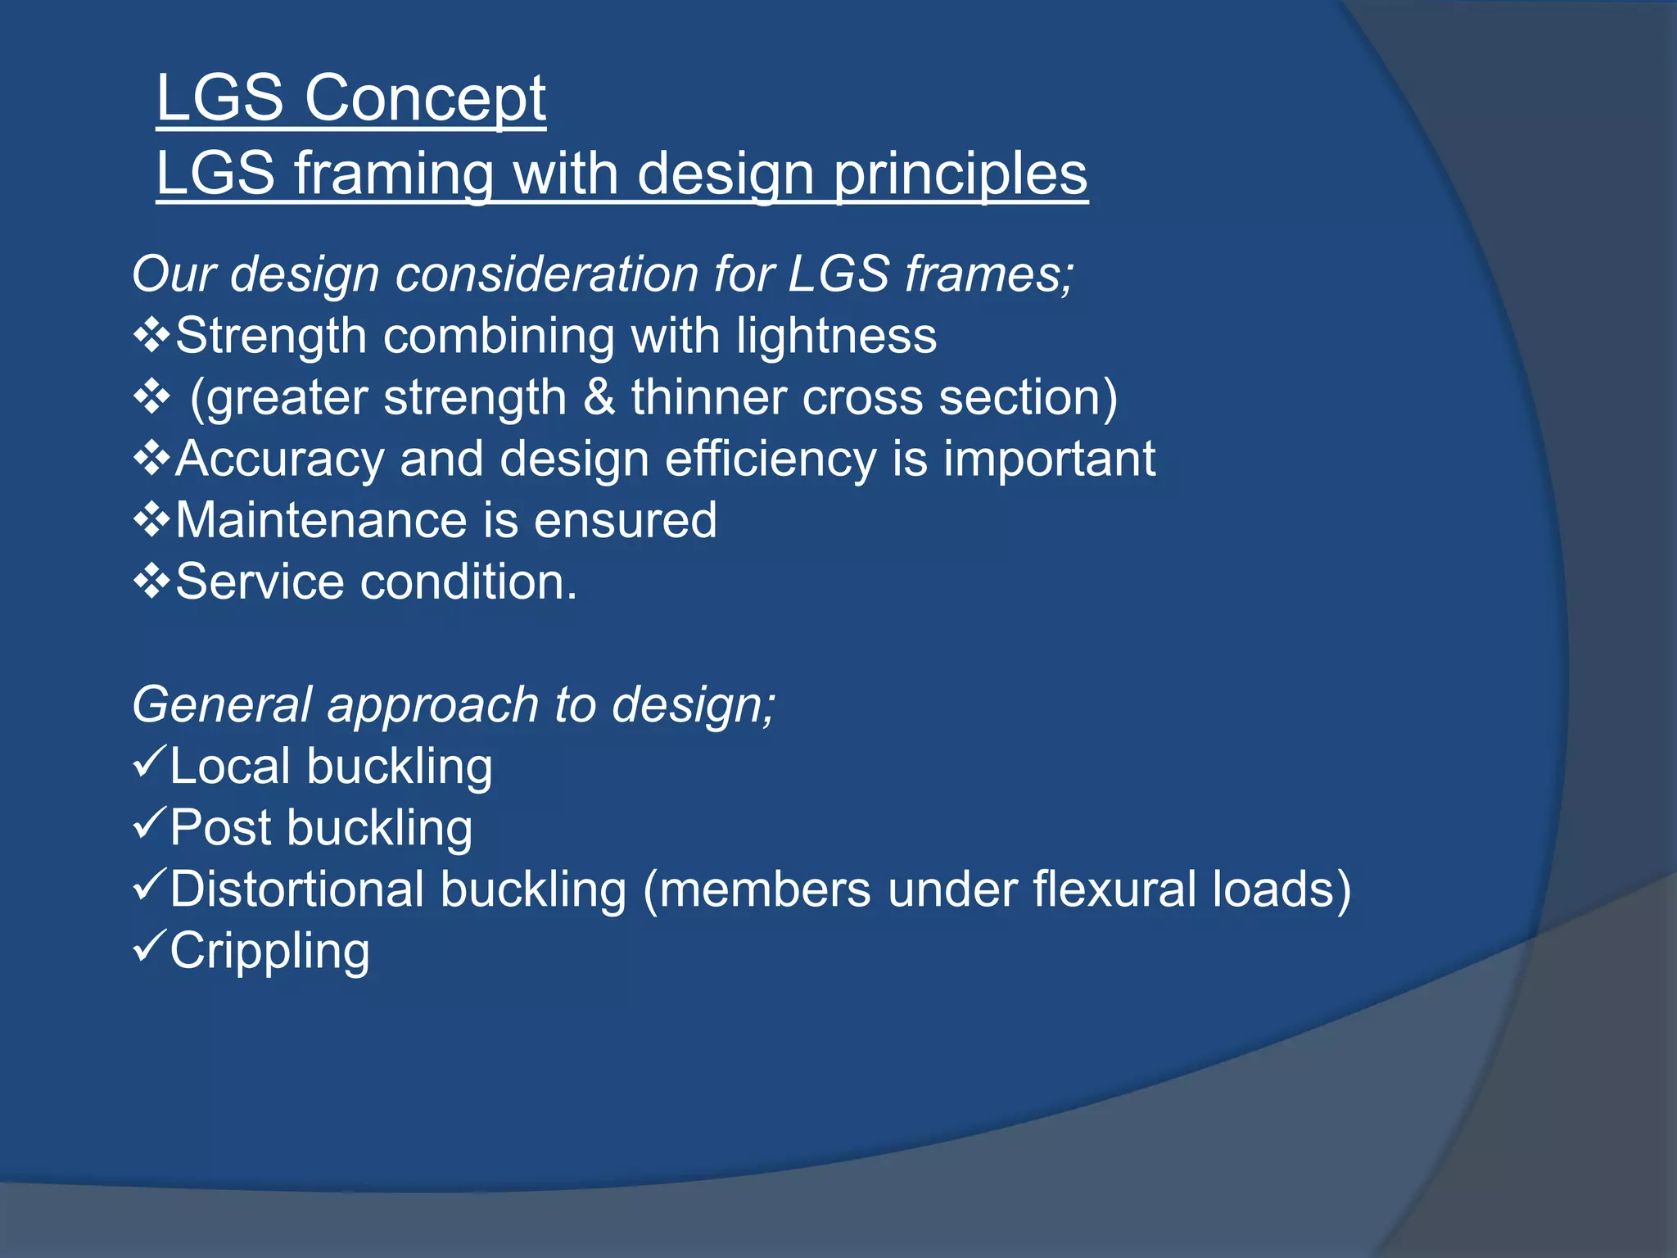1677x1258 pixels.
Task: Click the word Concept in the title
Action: [x=425, y=98]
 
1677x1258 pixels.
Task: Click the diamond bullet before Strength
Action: [x=151, y=336]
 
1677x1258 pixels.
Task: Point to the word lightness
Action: [x=836, y=336]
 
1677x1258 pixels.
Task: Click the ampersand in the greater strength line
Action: [x=599, y=397]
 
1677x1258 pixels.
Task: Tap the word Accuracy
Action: [x=279, y=459]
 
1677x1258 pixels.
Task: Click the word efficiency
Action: [x=771, y=459]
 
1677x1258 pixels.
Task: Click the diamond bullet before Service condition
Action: [x=151, y=582]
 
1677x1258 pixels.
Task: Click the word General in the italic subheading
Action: [x=222, y=704]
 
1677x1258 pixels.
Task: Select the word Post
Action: [x=220, y=827]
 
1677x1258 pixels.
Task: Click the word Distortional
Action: [x=297, y=889]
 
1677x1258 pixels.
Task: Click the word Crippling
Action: [x=270, y=951]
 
